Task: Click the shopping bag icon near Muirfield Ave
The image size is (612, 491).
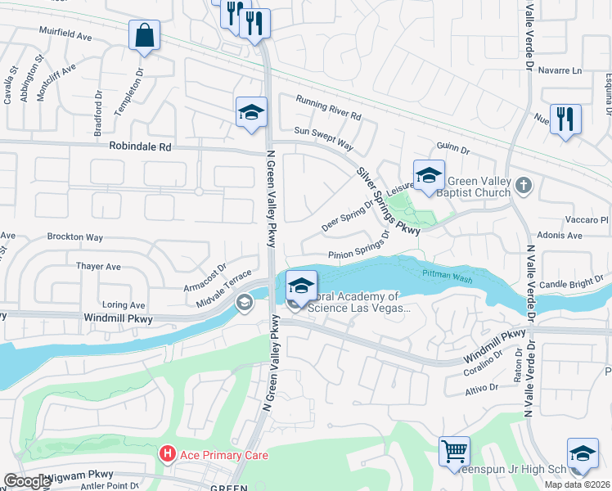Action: [144, 36]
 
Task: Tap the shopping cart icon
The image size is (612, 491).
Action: [455, 451]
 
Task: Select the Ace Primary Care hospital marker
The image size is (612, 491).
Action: [168, 453]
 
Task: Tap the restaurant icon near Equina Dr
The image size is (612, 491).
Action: [565, 119]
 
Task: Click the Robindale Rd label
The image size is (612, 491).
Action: [142, 147]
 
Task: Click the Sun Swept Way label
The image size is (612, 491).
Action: [323, 137]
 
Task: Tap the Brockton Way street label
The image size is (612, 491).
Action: [75, 237]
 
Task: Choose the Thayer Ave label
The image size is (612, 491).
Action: [98, 266]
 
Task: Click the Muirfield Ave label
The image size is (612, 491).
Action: [65, 35]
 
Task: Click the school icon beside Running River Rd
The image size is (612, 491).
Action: [251, 113]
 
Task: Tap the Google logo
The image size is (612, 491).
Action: [27, 481]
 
